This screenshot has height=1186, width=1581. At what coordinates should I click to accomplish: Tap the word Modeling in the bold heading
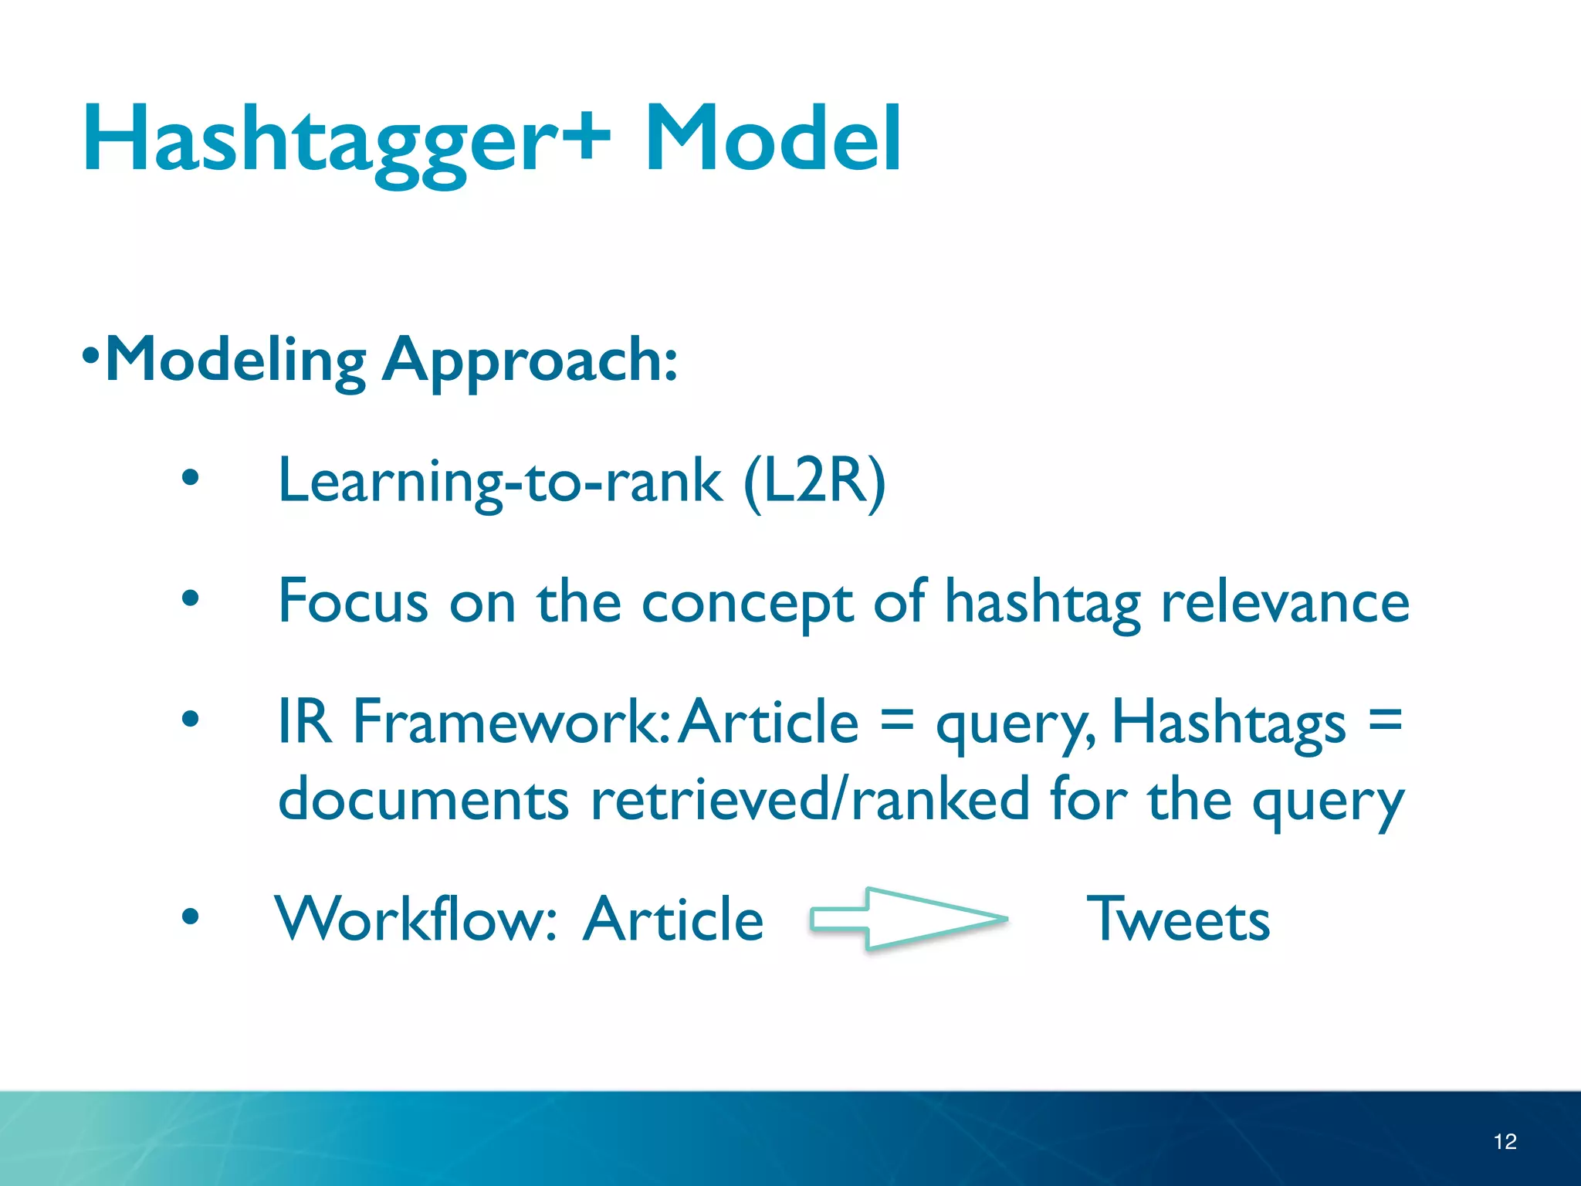point(235,361)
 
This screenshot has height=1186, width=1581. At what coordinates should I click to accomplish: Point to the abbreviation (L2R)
point(814,481)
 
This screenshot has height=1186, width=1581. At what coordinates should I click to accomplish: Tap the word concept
point(746,601)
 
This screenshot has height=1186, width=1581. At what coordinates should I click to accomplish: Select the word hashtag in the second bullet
point(1042,601)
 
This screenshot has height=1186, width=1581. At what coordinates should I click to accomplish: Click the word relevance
point(1285,601)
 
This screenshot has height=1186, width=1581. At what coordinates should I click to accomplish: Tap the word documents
point(423,800)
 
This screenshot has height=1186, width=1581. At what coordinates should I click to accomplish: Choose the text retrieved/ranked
point(810,800)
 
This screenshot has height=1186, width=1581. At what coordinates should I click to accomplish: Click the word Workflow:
point(416,919)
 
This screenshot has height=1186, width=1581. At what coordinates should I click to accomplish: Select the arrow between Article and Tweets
point(908,919)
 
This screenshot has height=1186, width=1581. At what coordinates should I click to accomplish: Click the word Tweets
point(1178,919)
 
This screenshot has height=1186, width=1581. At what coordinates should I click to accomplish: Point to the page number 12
point(1505,1141)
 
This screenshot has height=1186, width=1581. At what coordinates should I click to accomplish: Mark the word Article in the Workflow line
point(673,919)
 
